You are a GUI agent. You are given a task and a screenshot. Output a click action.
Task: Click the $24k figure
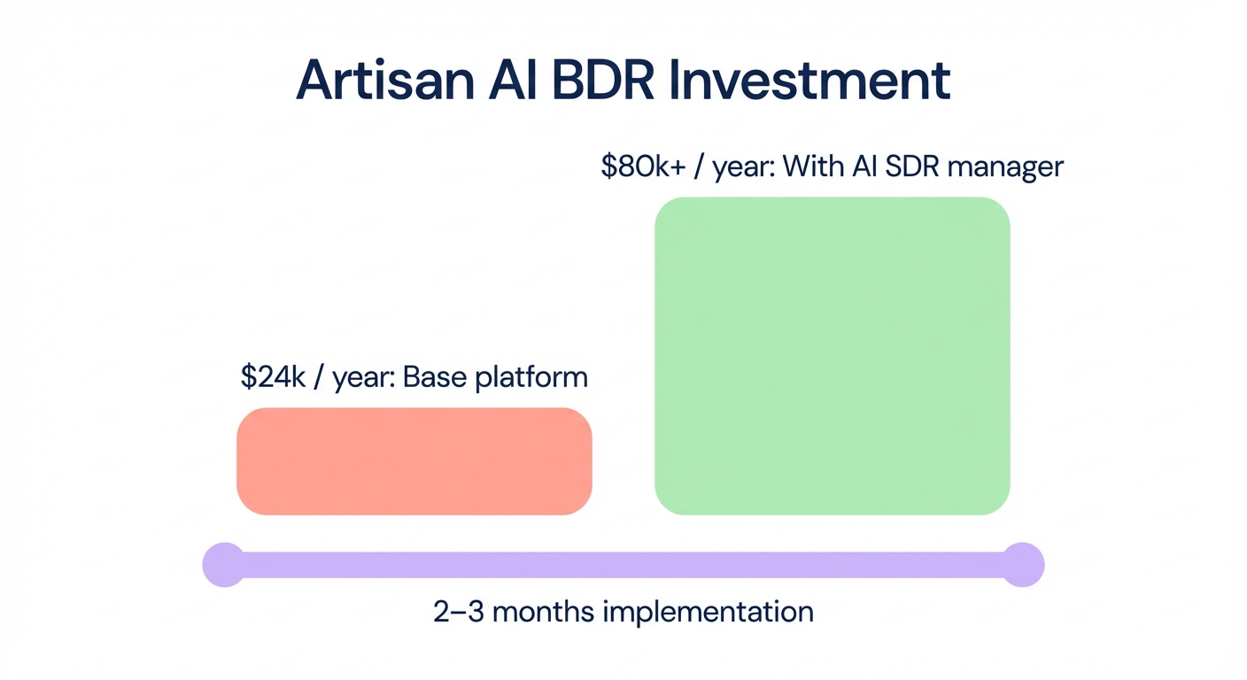[x=272, y=377]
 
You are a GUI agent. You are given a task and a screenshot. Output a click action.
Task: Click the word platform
[x=531, y=377]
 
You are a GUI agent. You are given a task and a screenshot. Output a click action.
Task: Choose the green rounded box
[x=832, y=355]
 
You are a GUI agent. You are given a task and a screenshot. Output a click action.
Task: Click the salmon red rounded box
[x=414, y=460]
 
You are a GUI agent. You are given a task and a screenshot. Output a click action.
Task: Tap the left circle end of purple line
[x=224, y=564]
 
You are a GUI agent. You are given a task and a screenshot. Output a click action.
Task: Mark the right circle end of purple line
[x=1023, y=564]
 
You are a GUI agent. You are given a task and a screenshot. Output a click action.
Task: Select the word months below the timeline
[x=545, y=612]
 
